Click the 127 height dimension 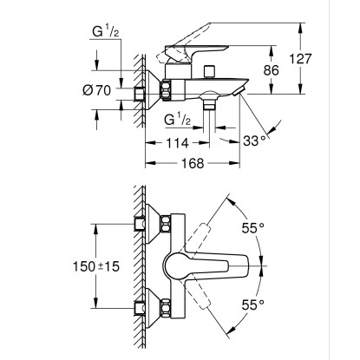(301, 59)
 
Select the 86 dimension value (271, 70)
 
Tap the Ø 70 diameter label (96, 90)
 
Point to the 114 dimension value (177, 143)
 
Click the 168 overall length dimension (193, 163)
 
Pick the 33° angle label (254, 141)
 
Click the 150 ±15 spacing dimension (95, 266)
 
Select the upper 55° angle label (253, 228)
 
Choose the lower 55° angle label (253, 304)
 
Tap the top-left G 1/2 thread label (106, 31)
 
